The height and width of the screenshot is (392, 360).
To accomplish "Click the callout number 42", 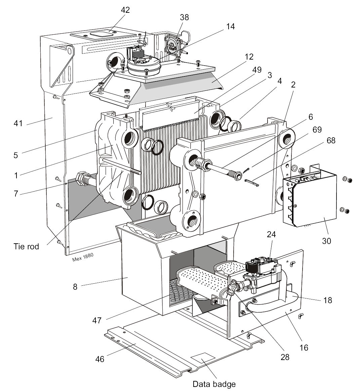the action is (x=125, y=10).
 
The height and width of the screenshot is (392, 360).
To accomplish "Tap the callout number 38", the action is (x=185, y=17).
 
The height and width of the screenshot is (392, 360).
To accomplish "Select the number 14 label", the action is (x=230, y=27).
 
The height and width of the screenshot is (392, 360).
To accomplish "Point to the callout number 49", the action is (x=257, y=70).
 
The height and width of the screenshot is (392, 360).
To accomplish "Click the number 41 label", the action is (x=18, y=123).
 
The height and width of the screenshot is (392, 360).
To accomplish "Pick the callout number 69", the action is (x=317, y=130).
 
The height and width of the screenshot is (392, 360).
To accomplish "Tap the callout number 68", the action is (x=331, y=141).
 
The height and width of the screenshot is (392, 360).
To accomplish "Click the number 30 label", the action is (x=326, y=241).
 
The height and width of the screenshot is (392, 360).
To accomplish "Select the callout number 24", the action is (x=271, y=234).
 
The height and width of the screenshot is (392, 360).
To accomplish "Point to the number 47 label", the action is (x=97, y=320).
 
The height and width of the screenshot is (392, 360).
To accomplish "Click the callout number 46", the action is (x=100, y=359).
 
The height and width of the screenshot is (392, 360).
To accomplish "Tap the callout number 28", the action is (x=285, y=357).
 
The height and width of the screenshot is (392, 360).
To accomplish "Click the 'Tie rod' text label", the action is (x=26, y=247).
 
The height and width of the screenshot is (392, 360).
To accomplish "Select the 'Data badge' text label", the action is (x=214, y=384).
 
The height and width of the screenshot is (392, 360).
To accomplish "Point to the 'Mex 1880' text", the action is (x=83, y=257).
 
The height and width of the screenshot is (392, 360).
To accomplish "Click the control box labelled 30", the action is (x=310, y=198).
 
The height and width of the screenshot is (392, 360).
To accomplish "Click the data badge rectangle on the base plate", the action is (x=203, y=358).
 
